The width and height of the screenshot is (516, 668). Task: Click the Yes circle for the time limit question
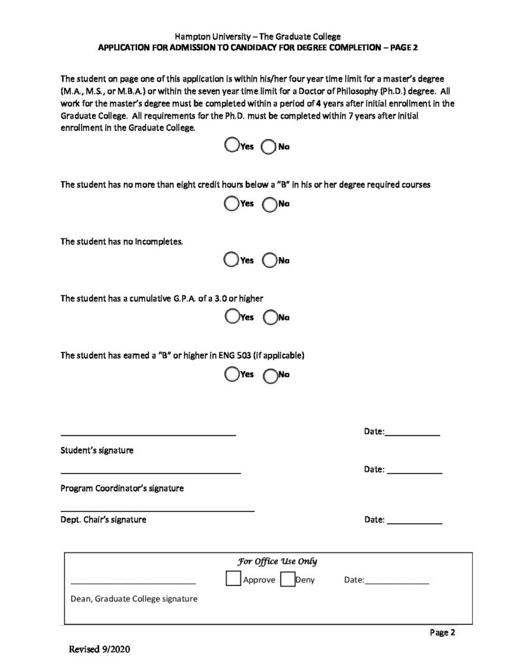point(231,145)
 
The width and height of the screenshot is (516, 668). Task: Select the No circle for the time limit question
point(268,147)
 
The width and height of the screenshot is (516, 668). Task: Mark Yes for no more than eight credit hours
point(231,204)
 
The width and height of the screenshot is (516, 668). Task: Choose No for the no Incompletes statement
point(269,260)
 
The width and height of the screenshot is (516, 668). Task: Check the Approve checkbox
point(233,579)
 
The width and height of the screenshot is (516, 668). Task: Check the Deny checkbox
point(287,579)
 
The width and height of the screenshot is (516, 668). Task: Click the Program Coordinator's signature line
point(151,471)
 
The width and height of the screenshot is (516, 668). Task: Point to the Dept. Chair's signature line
point(157,509)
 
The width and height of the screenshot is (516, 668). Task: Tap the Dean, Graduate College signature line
point(133,581)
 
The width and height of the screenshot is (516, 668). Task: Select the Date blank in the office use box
point(397,581)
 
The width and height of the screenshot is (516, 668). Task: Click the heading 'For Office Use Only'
point(277,561)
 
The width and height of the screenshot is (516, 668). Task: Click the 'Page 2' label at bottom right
point(442,631)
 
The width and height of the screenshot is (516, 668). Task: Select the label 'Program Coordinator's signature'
point(122,488)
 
